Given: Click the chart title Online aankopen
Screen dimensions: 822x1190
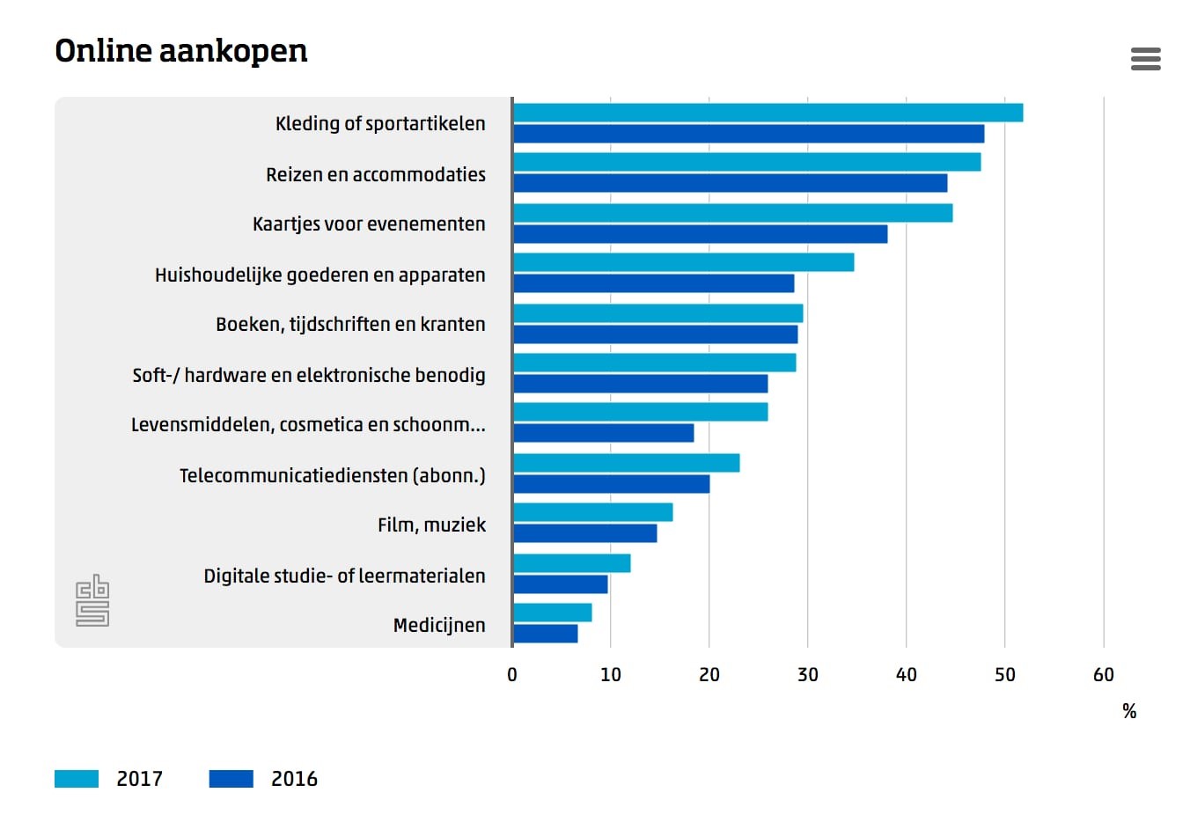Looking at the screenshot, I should pyautogui.click(x=181, y=51).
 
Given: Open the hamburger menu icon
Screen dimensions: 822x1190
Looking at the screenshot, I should pyautogui.click(x=1145, y=59).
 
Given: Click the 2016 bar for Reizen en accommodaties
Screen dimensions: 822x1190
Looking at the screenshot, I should pyautogui.click(x=731, y=183).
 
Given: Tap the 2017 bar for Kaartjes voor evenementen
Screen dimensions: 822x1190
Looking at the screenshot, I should pyautogui.click(x=732, y=213).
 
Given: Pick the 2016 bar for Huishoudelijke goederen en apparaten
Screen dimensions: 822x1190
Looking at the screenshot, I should pyautogui.click(x=653, y=283).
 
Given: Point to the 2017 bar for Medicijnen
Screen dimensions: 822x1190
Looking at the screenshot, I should pyautogui.click(x=553, y=613).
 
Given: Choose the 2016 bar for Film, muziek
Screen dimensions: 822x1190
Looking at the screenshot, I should pyautogui.click(x=585, y=533).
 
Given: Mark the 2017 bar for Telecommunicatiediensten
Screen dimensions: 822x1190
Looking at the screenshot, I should pyautogui.click(x=627, y=463).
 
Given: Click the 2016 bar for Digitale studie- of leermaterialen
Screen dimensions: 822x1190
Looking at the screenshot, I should pyautogui.click(x=561, y=584).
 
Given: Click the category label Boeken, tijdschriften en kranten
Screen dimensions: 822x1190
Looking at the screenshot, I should pyautogui.click(x=350, y=324).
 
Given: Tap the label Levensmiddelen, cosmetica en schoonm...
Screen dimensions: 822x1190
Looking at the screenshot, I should pyautogui.click(x=308, y=424).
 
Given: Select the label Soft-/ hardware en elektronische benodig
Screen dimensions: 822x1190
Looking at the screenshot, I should pyautogui.click(x=309, y=375).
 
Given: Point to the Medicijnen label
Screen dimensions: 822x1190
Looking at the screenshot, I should pyautogui.click(x=439, y=625).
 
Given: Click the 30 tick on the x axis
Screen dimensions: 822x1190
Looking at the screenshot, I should pyautogui.click(x=807, y=675).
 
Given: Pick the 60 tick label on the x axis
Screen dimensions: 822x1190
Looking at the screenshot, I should pyautogui.click(x=1103, y=675).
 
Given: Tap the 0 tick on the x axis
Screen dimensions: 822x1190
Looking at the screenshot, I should pyautogui.click(x=512, y=675).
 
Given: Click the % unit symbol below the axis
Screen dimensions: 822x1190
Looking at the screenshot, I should pyautogui.click(x=1129, y=711).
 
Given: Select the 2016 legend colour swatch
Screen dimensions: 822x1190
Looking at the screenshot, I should pyautogui.click(x=231, y=779).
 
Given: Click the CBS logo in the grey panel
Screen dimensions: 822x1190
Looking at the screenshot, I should pyautogui.click(x=92, y=600).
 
